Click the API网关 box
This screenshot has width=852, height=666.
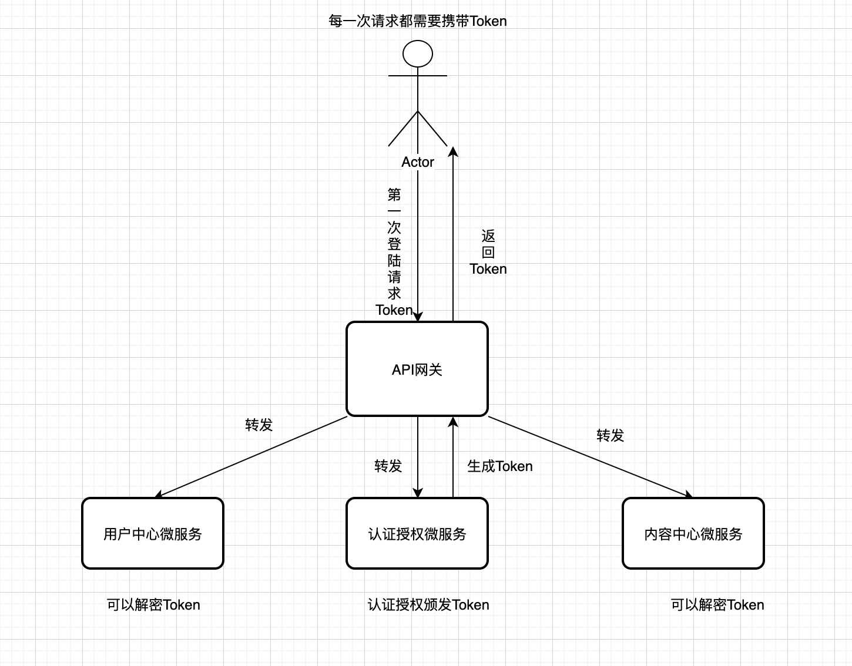pyautogui.click(x=417, y=369)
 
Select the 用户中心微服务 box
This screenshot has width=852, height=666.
pyautogui.click(x=153, y=533)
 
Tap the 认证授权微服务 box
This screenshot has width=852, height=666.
pyautogui.click(x=417, y=533)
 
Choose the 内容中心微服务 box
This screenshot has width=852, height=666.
pyautogui.click(x=693, y=533)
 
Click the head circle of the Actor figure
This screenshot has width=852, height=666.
pyautogui.click(x=418, y=54)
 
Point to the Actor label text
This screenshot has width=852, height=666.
pyautogui.click(x=418, y=162)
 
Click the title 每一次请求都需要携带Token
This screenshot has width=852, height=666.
pyautogui.click(x=418, y=21)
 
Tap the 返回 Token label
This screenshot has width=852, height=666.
pyautogui.click(x=488, y=253)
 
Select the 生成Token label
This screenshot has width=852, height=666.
pyautogui.click(x=500, y=466)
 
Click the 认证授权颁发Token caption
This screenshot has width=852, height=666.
pyautogui.click(x=428, y=605)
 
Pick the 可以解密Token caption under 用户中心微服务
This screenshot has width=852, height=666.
pyautogui.click(x=153, y=605)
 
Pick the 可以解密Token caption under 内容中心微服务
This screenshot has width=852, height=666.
pyautogui.click(x=717, y=605)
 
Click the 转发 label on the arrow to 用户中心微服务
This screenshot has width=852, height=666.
pyautogui.click(x=259, y=425)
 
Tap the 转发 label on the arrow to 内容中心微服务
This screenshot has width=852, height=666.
pyautogui.click(x=611, y=435)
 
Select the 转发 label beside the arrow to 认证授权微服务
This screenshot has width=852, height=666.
pyautogui.click(x=388, y=466)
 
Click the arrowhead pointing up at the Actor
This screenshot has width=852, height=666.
pyautogui.click(x=453, y=151)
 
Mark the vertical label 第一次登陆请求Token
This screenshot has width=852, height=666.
pyautogui.click(x=394, y=253)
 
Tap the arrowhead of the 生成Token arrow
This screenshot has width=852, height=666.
pyautogui.click(x=453, y=421)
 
